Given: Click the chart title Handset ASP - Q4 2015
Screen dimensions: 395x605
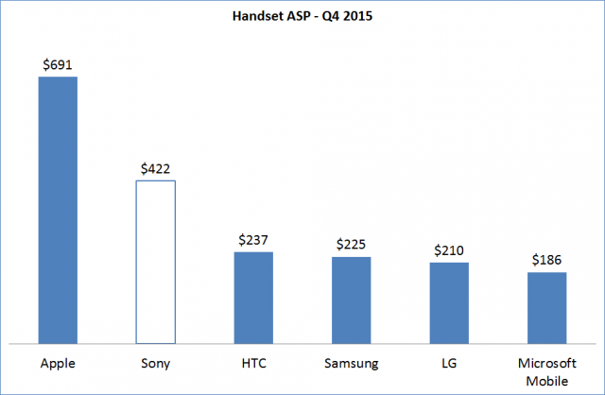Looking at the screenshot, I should [x=302, y=16].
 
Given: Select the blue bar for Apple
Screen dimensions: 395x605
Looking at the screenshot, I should [x=58, y=210].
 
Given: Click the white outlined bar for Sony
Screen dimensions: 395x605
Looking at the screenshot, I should [x=155, y=262].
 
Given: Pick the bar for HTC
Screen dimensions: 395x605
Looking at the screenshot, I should [x=253, y=297].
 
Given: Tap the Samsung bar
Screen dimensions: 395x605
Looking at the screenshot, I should [x=351, y=300].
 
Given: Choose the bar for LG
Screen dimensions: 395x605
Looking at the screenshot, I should [x=449, y=302].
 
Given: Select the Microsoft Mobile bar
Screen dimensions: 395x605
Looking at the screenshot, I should [x=546, y=307].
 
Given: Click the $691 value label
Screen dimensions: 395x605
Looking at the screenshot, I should [x=58, y=65].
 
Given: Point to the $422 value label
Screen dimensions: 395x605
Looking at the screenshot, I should [x=155, y=169].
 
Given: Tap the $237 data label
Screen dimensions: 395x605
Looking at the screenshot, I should [x=253, y=240].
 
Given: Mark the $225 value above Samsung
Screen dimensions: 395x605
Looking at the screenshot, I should [x=351, y=245].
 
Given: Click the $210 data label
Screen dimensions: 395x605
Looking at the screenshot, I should [x=449, y=250].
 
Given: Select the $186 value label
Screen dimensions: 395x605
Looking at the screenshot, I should [x=546, y=260].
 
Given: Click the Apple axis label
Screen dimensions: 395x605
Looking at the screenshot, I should [x=58, y=363].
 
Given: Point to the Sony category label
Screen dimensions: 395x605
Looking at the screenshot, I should [x=155, y=363].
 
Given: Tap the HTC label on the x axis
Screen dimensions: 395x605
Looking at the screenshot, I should [x=253, y=363].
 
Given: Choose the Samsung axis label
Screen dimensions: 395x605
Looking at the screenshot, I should [x=351, y=363].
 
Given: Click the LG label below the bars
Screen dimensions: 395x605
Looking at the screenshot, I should [x=449, y=363].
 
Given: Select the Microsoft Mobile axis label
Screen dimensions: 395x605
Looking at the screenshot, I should [x=546, y=370].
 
